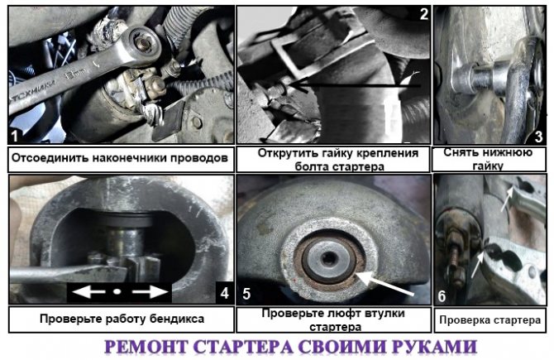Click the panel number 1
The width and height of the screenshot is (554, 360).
click(x=14, y=136)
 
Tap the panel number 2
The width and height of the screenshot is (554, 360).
click(x=423, y=14)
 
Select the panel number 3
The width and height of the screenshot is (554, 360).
click(x=538, y=137)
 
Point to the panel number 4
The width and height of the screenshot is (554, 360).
click(x=224, y=293)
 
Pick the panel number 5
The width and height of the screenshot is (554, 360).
click(x=246, y=294)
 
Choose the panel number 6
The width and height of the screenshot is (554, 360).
click(x=442, y=296)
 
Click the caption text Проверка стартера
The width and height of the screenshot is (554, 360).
click(x=490, y=320)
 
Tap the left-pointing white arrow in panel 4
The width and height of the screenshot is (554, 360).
click(x=88, y=292)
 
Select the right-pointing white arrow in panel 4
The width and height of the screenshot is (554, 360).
click(x=150, y=292)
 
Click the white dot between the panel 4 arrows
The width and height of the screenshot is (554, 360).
click(x=117, y=292)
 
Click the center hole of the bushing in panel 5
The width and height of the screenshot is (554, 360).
click(x=329, y=258)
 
